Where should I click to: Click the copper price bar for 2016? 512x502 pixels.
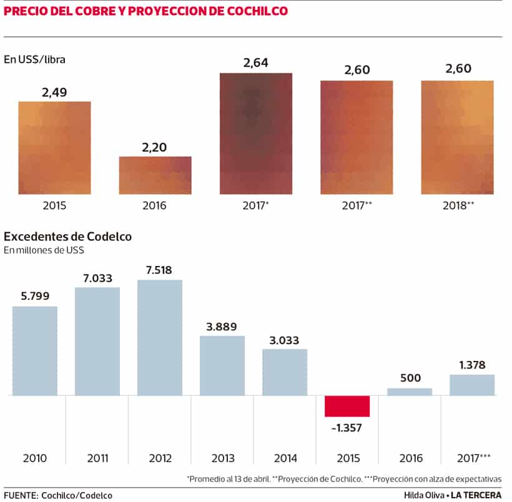(155, 175)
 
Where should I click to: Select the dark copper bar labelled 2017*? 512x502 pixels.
(256, 134)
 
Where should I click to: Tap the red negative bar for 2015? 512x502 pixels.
(347, 406)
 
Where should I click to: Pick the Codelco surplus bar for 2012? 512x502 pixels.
(160, 337)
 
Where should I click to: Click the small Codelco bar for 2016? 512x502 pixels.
(410, 391)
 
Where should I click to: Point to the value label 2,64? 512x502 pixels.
(256, 62)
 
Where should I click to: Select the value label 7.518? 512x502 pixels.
(160, 270)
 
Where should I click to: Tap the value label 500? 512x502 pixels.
(410, 378)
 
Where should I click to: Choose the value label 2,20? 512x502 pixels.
(155, 147)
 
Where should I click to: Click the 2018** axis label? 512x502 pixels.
(457, 205)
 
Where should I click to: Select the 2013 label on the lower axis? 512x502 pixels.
(222, 458)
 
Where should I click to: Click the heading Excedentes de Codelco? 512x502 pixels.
(67, 237)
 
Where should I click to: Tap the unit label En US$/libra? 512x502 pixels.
(35, 60)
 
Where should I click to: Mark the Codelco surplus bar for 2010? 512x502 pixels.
(35, 350)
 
